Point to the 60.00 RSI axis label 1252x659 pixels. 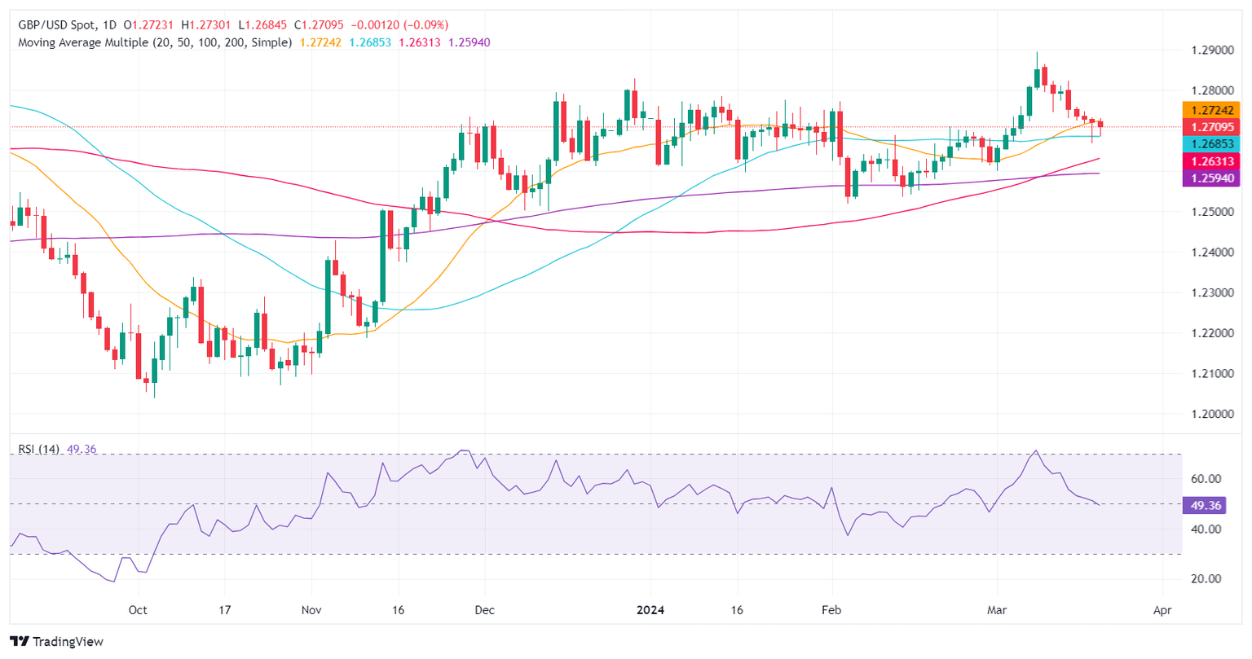pyautogui.click(x=1206, y=479)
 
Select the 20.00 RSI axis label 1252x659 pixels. pyautogui.click(x=1206, y=579)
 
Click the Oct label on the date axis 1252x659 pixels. pyautogui.click(x=138, y=610)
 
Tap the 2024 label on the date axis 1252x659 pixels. pyautogui.click(x=650, y=610)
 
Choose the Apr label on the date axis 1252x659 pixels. pyautogui.click(x=1162, y=610)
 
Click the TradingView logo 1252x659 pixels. pyautogui.click(x=57, y=642)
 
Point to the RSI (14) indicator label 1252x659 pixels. pyautogui.click(x=38, y=449)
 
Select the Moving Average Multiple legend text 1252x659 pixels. pyautogui.click(x=155, y=42)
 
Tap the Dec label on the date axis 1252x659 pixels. pyautogui.click(x=485, y=610)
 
